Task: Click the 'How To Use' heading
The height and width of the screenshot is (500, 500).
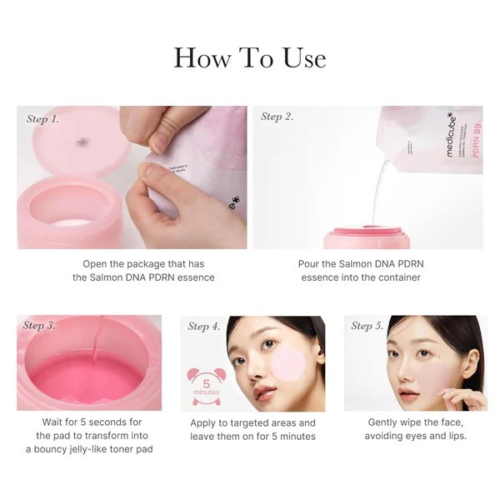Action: [250, 57]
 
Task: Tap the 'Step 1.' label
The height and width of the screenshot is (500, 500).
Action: [42, 119]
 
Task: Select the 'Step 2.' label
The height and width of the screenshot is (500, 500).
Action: [277, 117]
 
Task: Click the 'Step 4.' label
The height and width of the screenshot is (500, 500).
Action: [204, 327]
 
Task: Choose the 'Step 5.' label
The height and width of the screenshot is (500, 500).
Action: [367, 326]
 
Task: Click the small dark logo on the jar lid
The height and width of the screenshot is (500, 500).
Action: [82, 142]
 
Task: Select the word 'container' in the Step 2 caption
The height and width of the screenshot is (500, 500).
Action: [397, 277]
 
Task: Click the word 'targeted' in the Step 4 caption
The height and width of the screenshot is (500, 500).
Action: [246, 423]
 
